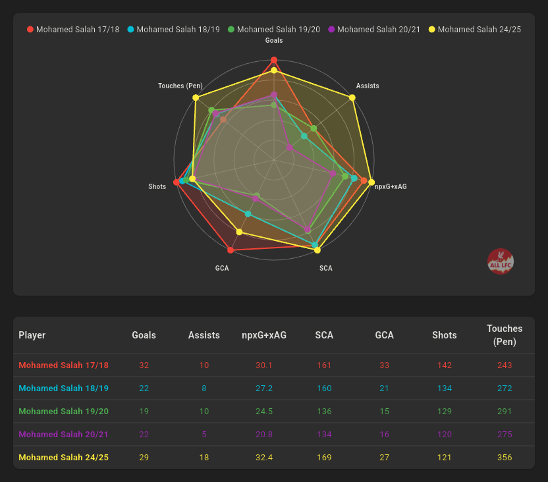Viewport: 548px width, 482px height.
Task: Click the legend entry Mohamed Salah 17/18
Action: pyautogui.click(x=72, y=30)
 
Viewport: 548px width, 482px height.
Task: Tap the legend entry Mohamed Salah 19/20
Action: pyautogui.click(x=273, y=30)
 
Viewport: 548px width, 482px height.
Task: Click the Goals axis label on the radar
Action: pyautogui.click(x=274, y=41)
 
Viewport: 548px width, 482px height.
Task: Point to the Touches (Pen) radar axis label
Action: pyautogui.click(x=180, y=86)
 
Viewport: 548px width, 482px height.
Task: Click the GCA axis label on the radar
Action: pyautogui.click(x=222, y=269)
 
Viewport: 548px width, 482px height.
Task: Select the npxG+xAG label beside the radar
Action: pyautogui.click(x=391, y=187)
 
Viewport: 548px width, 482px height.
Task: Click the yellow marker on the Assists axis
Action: pyautogui.click(x=352, y=97)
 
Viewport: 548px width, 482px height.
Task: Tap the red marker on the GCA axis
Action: pyautogui.click(x=230, y=250)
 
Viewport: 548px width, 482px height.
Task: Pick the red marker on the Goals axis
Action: pyautogui.click(x=274, y=60)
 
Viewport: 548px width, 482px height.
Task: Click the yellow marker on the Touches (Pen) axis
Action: pyautogui.click(x=196, y=97)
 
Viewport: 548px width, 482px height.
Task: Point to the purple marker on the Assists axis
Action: pyautogui.click(x=290, y=147)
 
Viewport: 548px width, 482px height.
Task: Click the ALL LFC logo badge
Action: pyautogui.click(x=501, y=262)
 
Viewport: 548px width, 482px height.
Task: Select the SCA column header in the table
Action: pyautogui.click(x=324, y=335)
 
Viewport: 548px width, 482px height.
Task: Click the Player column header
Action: pyautogui.click(x=32, y=335)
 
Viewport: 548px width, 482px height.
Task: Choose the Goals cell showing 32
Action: pyautogui.click(x=144, y=365)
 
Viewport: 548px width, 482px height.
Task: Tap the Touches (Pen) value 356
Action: pyautogui.click(x=505, y=457)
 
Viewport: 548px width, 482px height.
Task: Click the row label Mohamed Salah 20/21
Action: pyautogui.click(x=63, y=434)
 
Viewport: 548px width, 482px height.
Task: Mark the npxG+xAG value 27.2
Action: pyautogui.click(x=264, y=388)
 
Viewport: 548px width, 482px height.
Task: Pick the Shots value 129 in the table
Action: pyautogui.click(x=445, y=411)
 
